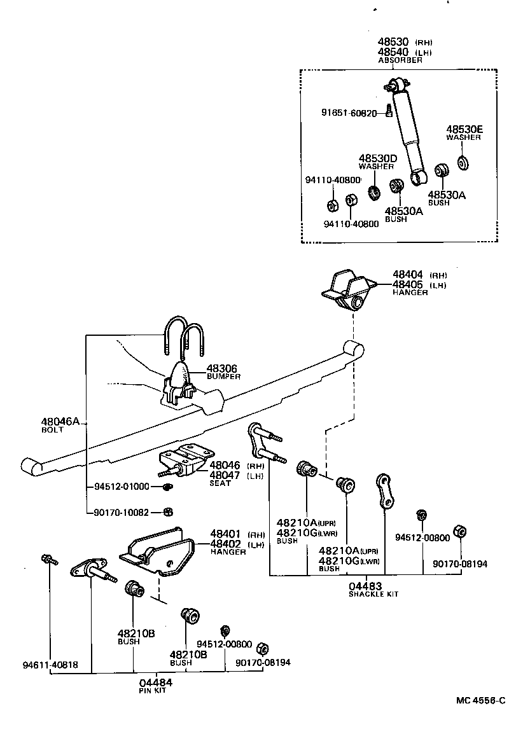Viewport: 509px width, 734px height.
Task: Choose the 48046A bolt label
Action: tap(60, 421)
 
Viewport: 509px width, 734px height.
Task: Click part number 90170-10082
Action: tap(122, 511)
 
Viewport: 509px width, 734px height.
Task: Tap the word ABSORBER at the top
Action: tap(400, 60)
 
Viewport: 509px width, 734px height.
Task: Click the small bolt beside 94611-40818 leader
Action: tap(48, 560)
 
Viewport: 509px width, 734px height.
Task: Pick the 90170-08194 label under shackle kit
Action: tap(461, 564)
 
